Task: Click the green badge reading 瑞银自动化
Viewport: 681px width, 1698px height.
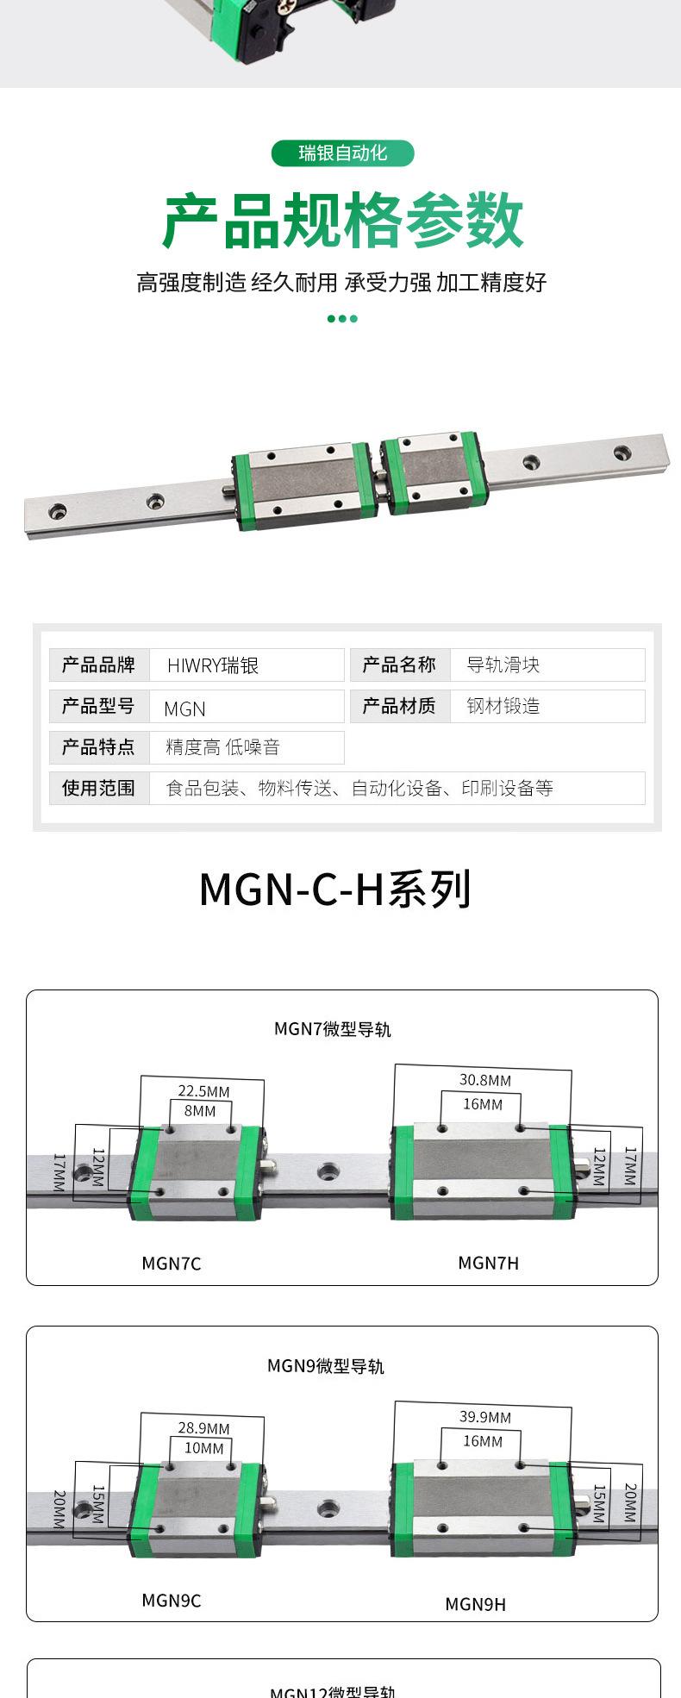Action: [x=342, y=153]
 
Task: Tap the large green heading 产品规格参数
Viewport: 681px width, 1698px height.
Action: [x=342, y=222]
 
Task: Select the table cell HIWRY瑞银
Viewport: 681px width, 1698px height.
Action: [x=213, y=665]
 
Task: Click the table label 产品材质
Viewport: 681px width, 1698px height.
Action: [x=399, y=706]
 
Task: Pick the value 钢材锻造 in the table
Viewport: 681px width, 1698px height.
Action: [x=503, y=706]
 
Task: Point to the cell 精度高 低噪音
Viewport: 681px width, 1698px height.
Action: [x=222, y=747]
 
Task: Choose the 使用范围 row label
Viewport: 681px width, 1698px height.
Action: [x=98, y=788]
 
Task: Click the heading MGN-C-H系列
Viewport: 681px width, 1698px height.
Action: [x=335, y=890]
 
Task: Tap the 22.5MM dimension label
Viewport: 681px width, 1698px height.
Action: [x=203, y=1091]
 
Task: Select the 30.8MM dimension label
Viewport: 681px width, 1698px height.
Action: [x=485, y=1080]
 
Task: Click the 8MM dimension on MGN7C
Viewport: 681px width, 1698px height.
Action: [x=200, y=1111]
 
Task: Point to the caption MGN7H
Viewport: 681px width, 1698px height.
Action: [x=489, y=1263]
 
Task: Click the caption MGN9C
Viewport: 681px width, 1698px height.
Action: [x=172, y=1600]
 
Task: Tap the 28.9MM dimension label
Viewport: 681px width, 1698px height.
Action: [x=203, y=1428]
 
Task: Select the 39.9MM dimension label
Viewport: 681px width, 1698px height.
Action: [x=485, y=1417]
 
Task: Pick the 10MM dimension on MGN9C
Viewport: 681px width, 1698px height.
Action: [x=203, y=1448]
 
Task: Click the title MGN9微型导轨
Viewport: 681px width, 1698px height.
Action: [x=326, y=1365]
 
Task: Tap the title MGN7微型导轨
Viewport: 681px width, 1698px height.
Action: [x=333, y=1028]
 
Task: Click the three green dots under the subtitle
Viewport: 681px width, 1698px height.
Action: [x=342, y=319]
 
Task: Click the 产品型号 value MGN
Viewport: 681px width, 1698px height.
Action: [x=184, y=709]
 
